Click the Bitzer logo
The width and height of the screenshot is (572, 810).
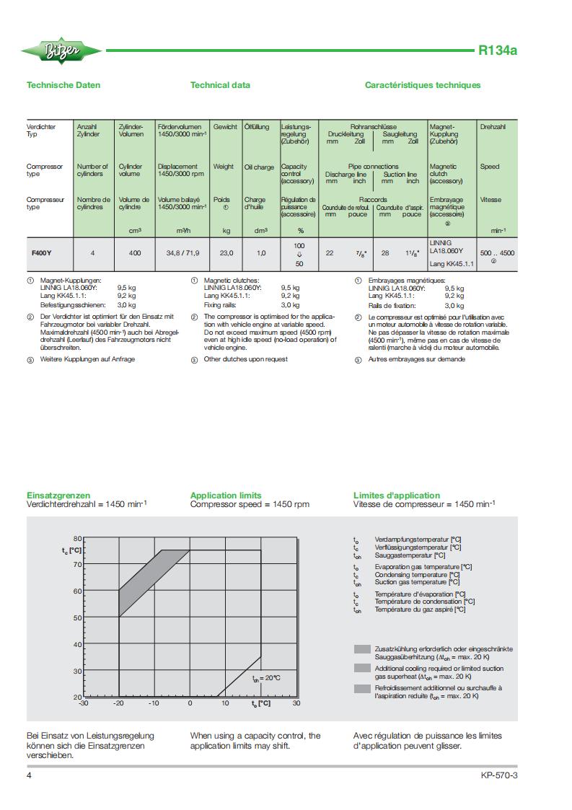pyautogui.click(x=52, y=50)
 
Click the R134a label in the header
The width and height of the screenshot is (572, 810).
pyautogui.click(x=498, y=50)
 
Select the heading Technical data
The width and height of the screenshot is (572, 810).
pyautogui.click(x=220, y=85)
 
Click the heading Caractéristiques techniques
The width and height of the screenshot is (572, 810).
pyautogui.click(x=422, y=85)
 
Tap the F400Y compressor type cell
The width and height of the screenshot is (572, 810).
pyautogui.click(x=41, y=253)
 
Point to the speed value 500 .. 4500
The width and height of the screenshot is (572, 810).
pyautogui.click(x=497, y=253)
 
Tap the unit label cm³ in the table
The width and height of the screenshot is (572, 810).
pyautogui.click(x=134, y=231)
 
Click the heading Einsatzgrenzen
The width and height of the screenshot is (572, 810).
pyautogui.click(x=58, y=496)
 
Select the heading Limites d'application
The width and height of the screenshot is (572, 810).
pyautogui.click(x=396, y=496)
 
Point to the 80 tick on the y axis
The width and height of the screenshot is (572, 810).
pyautogui.click(x=77, y=539)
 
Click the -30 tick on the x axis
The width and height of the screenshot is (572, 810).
pyautogui.click(x=83, y=703)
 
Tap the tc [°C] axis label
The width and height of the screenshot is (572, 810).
pyautogui.click(x=71, y=550)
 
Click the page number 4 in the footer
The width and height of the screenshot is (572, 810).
pyautogui.click(x=29, y=776)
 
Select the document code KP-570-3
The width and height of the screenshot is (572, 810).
pyautogui.click(x=499, y=776)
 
